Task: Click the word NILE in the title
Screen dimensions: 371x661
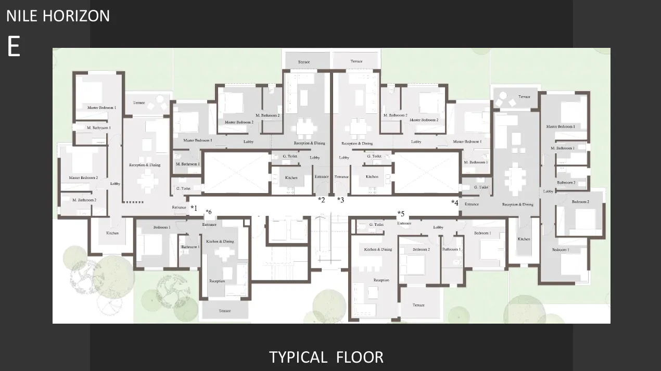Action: [22, 16]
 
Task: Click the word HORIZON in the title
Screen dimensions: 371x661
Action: [77, 16]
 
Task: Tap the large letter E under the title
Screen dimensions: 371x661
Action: [14, 47]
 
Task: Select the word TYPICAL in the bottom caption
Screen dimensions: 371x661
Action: [298, 357]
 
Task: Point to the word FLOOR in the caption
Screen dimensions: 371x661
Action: [360, 357]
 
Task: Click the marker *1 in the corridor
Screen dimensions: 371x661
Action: [194, 208]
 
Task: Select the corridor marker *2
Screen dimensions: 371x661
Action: [322, 200]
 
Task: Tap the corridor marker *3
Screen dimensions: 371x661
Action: [340, 200]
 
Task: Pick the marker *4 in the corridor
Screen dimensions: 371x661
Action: [455, 203]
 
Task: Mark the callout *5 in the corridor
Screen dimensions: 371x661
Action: [401, 214]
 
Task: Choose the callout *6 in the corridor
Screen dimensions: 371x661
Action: [209, 212]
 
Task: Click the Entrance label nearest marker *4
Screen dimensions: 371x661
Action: [472, 204]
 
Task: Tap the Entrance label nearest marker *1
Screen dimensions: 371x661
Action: [179, 208]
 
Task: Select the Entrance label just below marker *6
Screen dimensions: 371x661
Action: [209, 225]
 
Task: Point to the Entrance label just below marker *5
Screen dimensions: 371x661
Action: [404, 224]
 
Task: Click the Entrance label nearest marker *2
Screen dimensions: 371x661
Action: [322, 177]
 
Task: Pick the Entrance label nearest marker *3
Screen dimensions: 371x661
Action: [341, 177]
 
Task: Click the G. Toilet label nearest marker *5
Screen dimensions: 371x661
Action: [376, 225]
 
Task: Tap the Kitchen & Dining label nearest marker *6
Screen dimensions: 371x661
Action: [220, 241]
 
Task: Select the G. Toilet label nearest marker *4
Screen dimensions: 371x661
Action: [481, 187]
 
